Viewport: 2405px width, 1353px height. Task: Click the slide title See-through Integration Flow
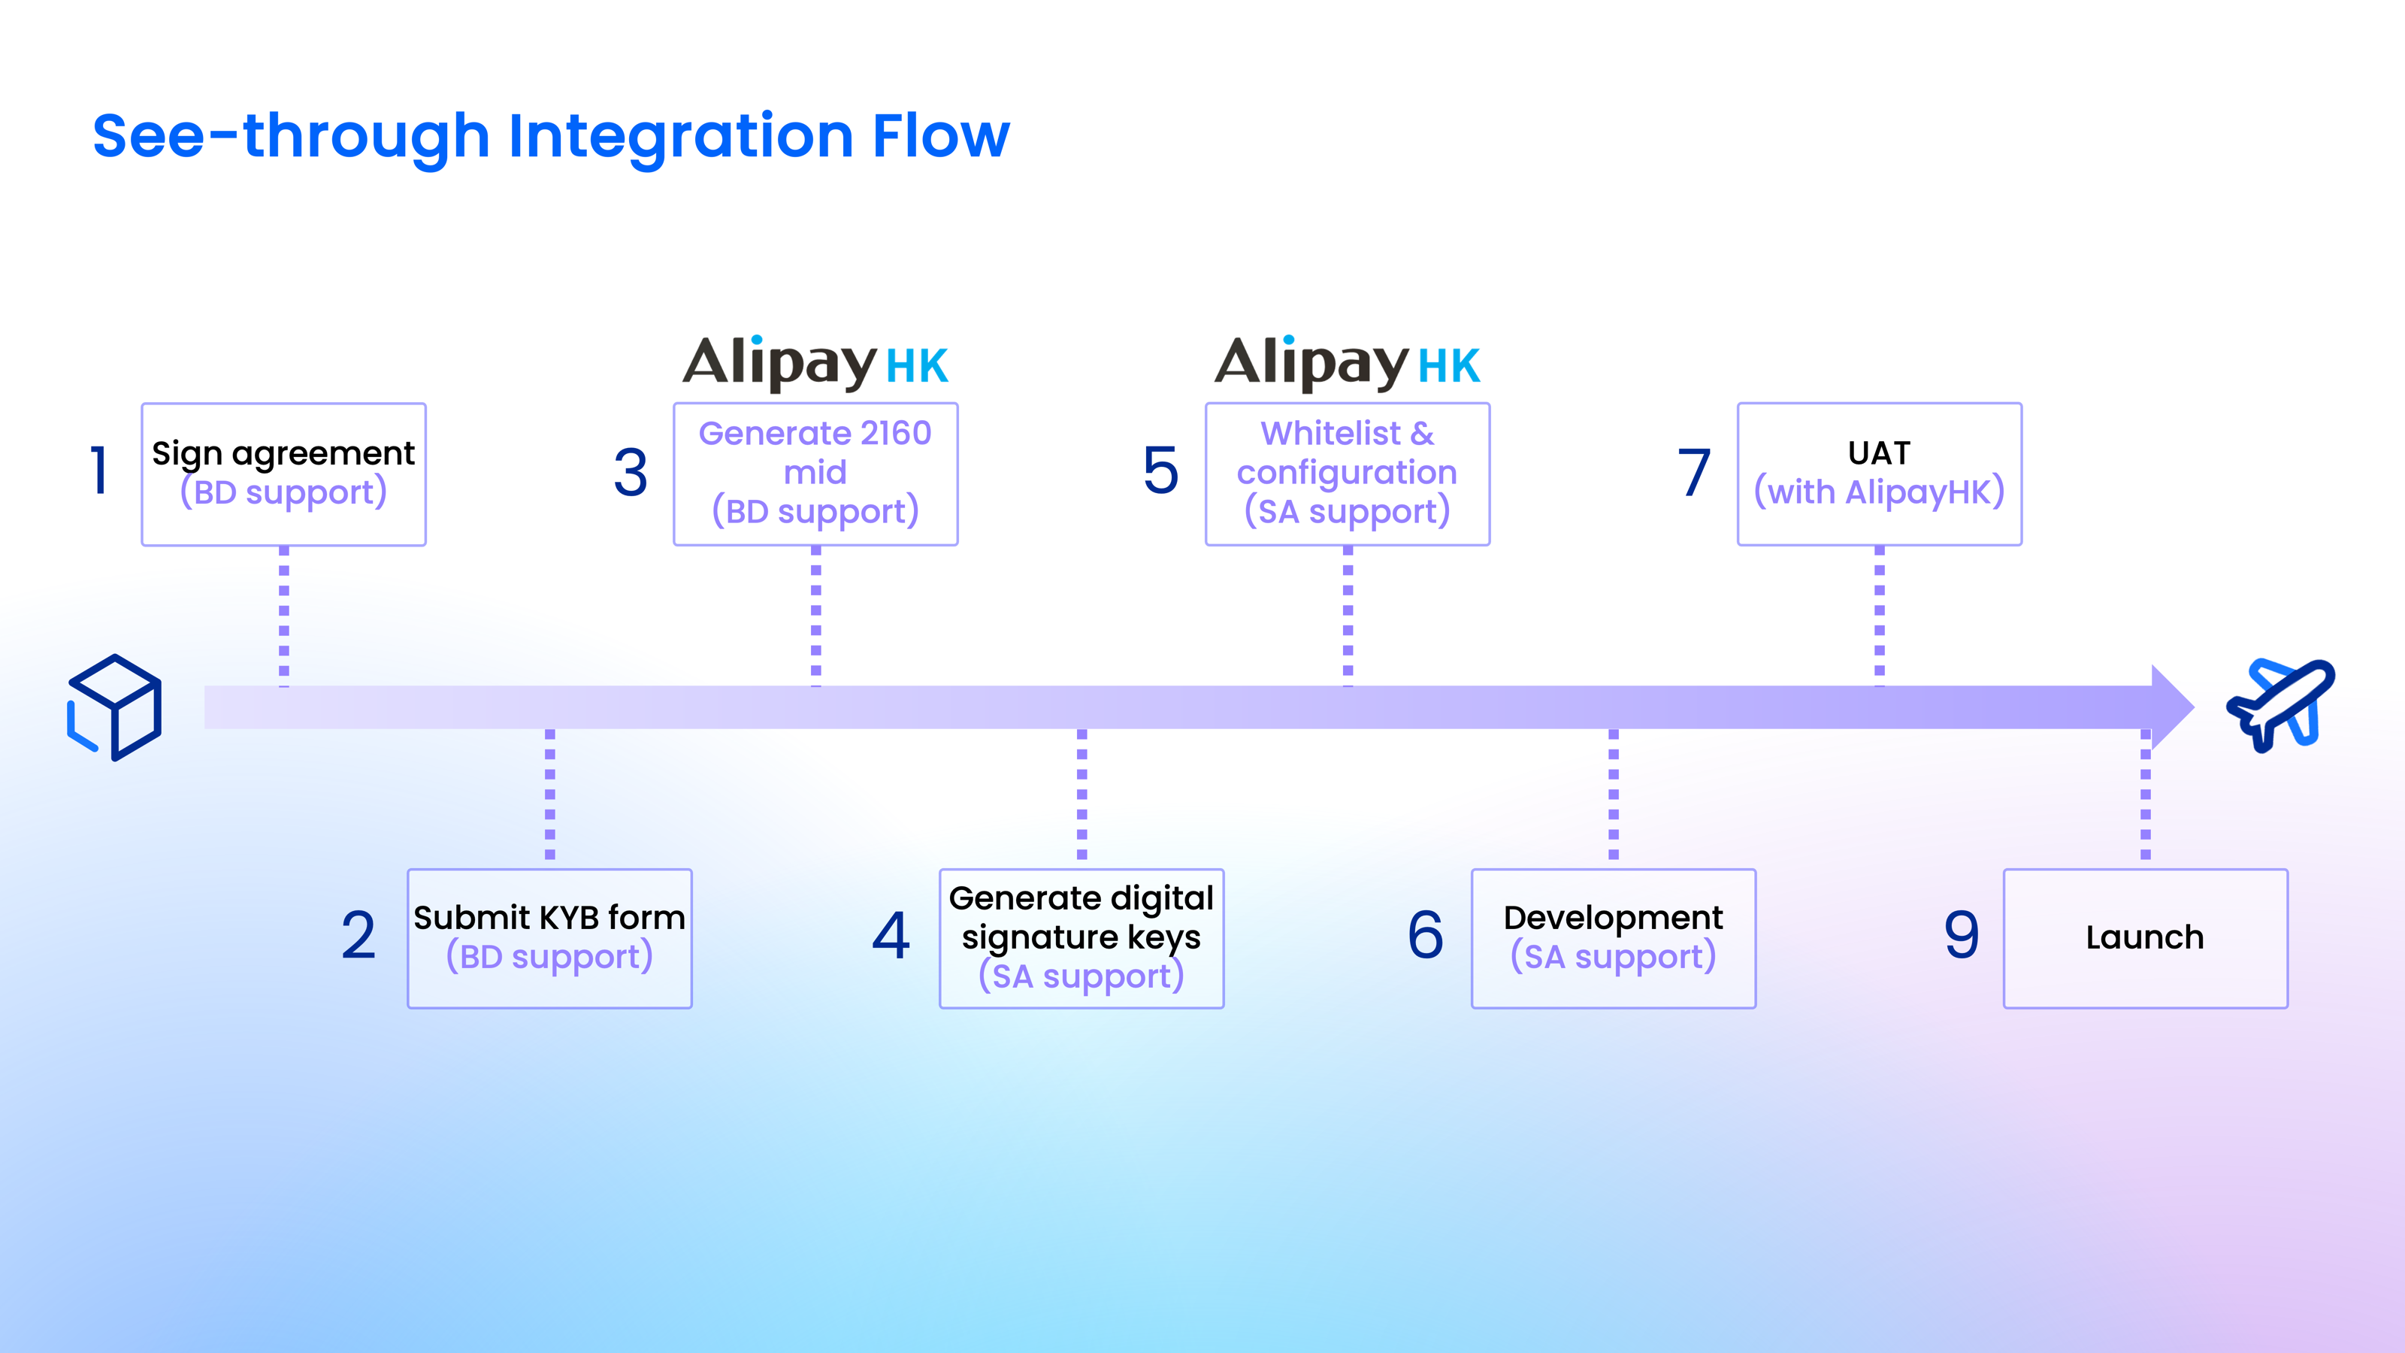(x=551, y=136)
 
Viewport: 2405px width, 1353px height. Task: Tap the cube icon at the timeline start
(x=115, y=707)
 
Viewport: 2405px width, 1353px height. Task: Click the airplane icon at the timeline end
(x=2281, y=704)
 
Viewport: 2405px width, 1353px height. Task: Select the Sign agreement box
(x=284, y=474)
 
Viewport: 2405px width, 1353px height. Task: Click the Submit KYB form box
(x=550, y=938)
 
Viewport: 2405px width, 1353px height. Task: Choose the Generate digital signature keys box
(x=1081, y=938)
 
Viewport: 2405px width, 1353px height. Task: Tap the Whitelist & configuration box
(x=1348, y=474)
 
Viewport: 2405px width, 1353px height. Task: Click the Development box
(x=1614, y=938)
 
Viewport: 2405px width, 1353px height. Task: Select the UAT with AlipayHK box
(x=1880, y=474)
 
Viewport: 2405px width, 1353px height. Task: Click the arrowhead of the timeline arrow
(x=2171, y=707)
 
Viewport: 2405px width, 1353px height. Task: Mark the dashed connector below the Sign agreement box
(x=284, y=616)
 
